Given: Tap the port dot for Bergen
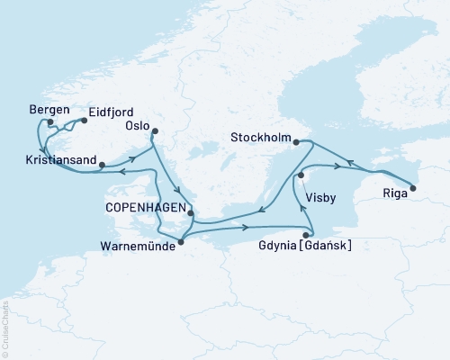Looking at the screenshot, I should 51,123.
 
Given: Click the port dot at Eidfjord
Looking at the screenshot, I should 84,120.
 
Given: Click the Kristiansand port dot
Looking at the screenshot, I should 102,165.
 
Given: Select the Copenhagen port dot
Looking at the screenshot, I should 190,214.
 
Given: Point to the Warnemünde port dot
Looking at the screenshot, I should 181,241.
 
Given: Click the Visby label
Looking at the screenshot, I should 321,195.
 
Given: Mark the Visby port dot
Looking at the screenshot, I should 302,175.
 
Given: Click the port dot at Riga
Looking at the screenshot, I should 413,188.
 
